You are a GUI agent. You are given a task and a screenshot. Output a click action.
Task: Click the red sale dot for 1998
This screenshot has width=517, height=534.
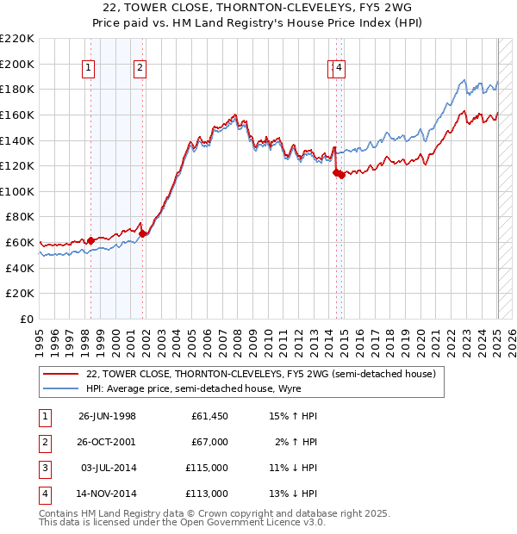point(90,240)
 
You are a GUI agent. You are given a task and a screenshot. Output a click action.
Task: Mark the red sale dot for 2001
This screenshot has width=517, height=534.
point(143,233)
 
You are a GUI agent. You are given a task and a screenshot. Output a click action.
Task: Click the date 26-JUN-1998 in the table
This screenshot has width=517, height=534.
point(107,416)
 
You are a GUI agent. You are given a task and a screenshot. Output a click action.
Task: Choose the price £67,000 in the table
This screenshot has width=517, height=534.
point(209,442)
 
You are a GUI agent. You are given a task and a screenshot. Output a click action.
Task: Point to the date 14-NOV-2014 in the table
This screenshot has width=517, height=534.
point(107,494)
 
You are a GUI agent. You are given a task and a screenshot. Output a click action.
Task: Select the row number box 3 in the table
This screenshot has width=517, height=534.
point(42,468)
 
